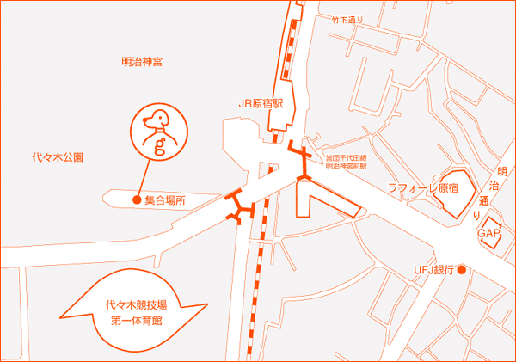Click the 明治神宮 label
tap(142, 61)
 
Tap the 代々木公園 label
tap(58, 157)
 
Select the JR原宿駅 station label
tap(267, 102)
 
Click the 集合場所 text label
tap(165, 200)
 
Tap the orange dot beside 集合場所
tap(136, 200)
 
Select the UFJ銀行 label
tap(433, 270)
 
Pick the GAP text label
tap(488, 234)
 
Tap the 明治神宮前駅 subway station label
tap(347, 166)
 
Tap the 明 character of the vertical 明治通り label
tap(504, 169)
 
